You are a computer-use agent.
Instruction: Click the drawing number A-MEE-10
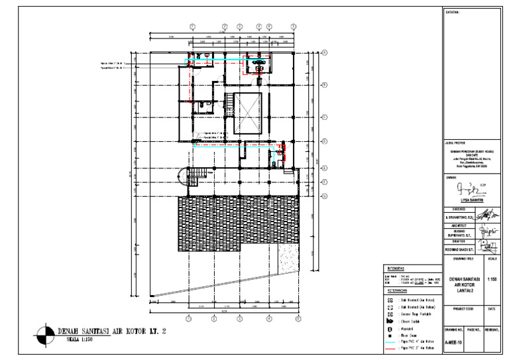tap(454, 343)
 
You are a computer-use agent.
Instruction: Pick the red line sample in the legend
tap(390, 348)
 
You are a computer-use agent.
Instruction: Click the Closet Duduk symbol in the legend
tap(390, 320)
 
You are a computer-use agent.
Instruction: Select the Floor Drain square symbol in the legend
tap(390, 334)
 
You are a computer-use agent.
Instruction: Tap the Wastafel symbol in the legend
tap(390, 328)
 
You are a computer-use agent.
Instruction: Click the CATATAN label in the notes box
tap(453, 12)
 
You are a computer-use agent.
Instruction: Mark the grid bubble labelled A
tap(325, 52)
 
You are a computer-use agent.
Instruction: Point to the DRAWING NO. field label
tap(453, 328)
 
